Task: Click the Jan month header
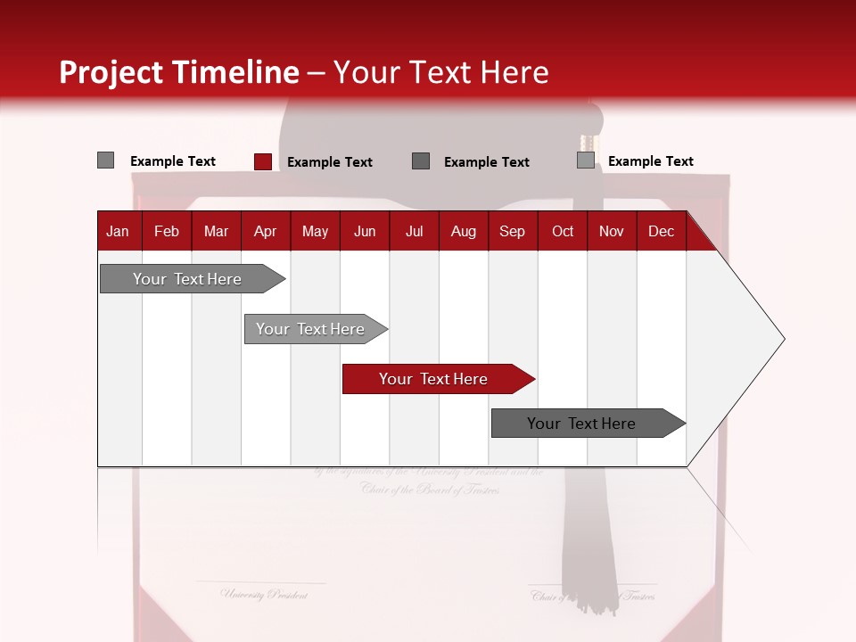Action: [x=118, y=231]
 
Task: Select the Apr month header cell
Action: [x=265, y=231]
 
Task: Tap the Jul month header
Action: [x=414, y=231]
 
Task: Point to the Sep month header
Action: [x=512, y=231]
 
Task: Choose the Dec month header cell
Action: [x=661, y=231]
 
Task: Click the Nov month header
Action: [x=611, y=231]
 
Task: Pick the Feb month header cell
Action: [x=167, y=231]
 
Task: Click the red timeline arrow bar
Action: [x=433, y=379]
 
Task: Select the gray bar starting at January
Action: [x=187, y=279]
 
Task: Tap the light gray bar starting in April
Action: [x=310, y=329]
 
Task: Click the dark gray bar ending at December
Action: [x=581, y=424]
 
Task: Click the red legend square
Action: [x=262, y=161]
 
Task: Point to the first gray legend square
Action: [x=105, y=160]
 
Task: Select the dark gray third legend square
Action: [x=421, y=160]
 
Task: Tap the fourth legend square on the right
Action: [x=585, y=160]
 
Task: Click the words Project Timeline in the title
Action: [x=178, y=72]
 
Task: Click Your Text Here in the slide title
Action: [x=440, y=72]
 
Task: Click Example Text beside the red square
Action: [x=330, y=162]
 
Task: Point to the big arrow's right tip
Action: [x=782, y=339]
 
